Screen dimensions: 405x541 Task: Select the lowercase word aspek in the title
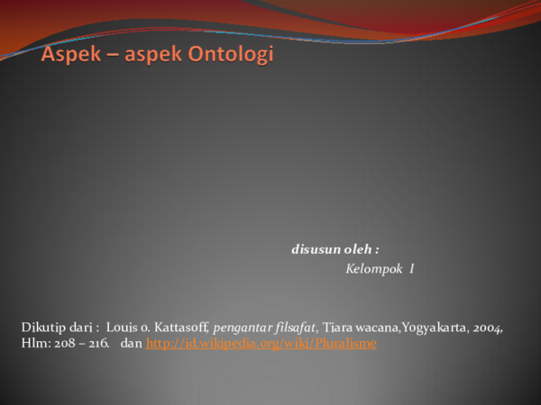pos(151,55)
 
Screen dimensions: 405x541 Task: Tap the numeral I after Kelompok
pos(411,269)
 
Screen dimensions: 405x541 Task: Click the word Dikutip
pos(41,328)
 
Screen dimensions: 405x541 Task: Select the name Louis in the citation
pos(123,328)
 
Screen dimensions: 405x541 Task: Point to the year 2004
pos(487,328)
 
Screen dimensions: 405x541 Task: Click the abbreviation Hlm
pos(34,344)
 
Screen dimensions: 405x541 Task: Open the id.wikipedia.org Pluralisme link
pos(261,344)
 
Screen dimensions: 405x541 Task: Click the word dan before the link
pos(131,344)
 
